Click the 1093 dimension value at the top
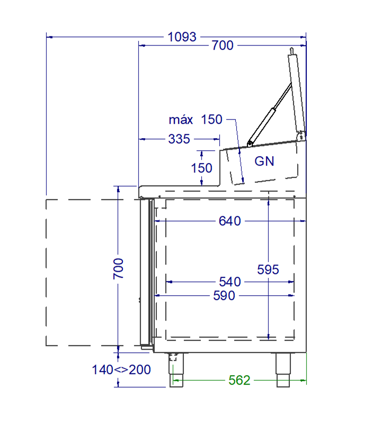coord(182,37)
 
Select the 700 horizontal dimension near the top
coord(223,45)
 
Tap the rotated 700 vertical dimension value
coord(118,269)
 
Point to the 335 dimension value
coord(179,139)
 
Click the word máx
coord(181,120)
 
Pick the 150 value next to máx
coord(211,120)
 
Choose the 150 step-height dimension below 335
coord(201,168)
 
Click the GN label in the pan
coord(264,161)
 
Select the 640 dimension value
coord(230,221)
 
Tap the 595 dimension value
coord(268,269)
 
